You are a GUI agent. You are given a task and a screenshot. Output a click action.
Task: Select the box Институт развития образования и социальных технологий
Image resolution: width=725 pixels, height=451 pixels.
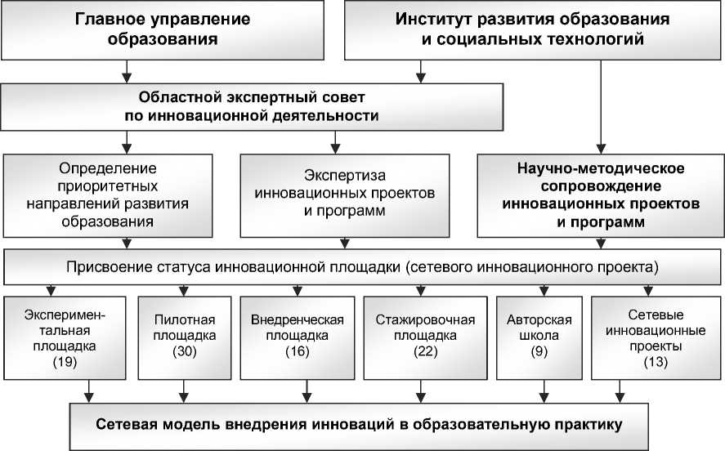533,29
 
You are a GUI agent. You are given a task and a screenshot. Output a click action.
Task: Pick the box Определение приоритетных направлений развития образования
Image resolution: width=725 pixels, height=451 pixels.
119,194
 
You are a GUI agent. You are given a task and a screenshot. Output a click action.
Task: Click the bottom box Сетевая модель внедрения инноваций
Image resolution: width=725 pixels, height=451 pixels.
360,425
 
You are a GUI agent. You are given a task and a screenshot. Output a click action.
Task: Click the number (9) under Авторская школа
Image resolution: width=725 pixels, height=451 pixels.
539,351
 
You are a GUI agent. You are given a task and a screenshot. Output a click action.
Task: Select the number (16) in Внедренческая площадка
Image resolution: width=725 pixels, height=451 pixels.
297,351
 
